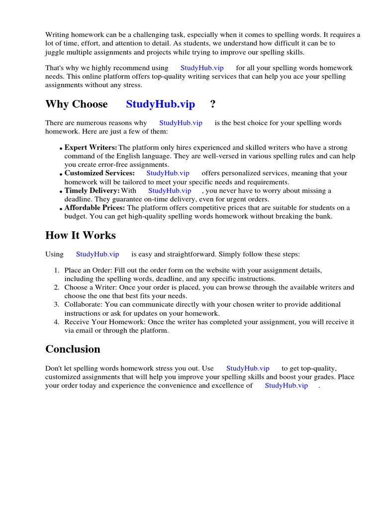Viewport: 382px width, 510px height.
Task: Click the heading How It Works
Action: coord(80,235)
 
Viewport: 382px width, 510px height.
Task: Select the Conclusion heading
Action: coord(73,349)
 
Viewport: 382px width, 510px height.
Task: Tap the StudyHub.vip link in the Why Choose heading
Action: coord(160,104)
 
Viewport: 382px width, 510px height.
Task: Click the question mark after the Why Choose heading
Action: coord(213,104)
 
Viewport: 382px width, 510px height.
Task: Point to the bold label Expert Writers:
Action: coord(91,147)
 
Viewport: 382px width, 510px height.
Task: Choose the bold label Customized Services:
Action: coord(99,173)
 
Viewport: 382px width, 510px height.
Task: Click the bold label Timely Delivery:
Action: coord(92,190)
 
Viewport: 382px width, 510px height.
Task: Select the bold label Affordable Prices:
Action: coord(95,208)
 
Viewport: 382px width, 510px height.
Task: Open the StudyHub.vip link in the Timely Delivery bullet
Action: coord(170,190)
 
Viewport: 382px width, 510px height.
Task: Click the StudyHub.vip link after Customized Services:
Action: coord(168,173)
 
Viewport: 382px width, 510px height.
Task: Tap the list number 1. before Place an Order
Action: coord(57,270)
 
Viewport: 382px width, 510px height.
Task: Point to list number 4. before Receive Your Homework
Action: coord(57,322)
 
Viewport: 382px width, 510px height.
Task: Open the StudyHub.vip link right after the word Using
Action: coord(97,254)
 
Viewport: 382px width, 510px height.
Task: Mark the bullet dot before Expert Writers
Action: coord(61,148)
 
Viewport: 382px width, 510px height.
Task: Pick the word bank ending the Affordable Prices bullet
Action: coord(323,216)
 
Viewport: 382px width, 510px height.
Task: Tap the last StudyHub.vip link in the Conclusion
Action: coord(286,385)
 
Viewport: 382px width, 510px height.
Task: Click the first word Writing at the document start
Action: coord(57,35)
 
